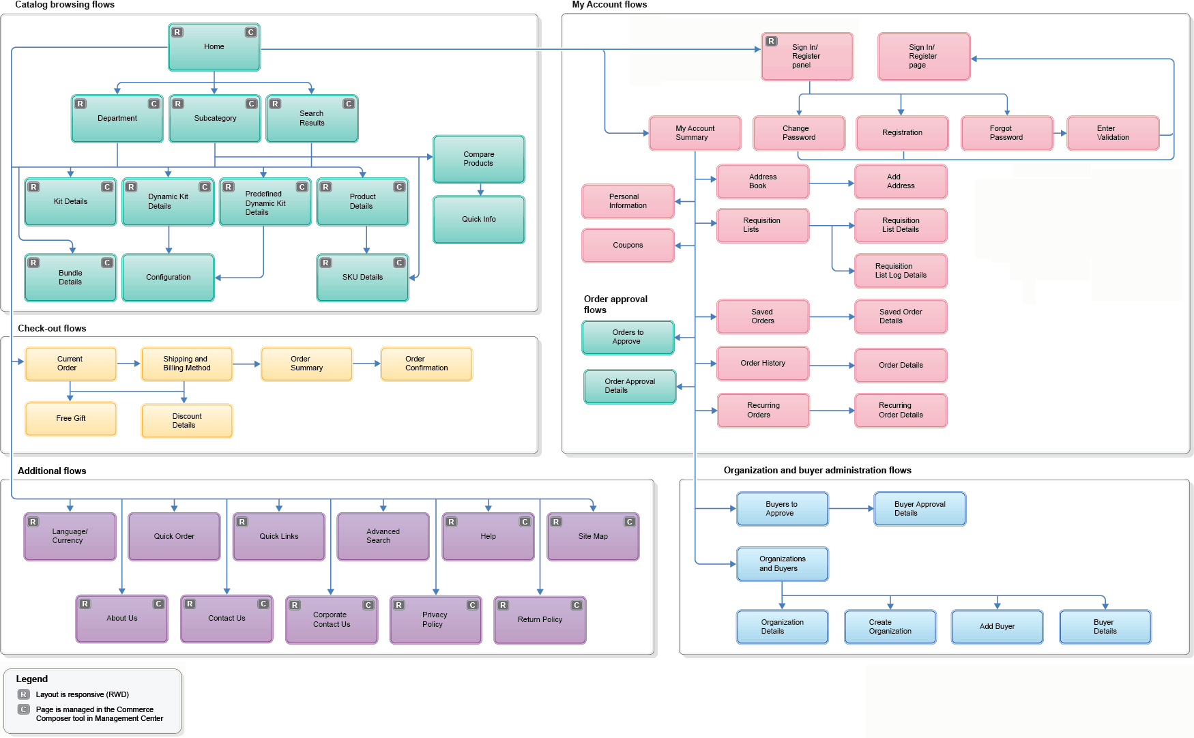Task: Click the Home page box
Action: click(x=214, y=48)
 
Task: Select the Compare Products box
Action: click(x=478, y=159)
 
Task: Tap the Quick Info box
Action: click(x=478, y=220)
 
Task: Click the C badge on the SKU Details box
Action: click(x=399, y=263)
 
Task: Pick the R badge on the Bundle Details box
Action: click(x=33, y=263)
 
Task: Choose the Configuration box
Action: click(x=168, y=278)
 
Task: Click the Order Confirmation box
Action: click(x=426, y=364)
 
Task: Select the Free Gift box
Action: click(x=70, y=419)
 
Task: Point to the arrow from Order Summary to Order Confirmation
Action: click(x=367, y=364)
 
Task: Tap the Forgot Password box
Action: click(x=1006, y=133)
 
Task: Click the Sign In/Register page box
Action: click(x=923, y=57)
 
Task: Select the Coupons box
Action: click(x=628, y=246)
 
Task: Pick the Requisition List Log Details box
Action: click(x=901, y=271)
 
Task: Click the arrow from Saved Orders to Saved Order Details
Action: click(x=832, y=316)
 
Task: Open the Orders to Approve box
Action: click(x=628, y=337)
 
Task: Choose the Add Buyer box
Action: click(x=997, y=627)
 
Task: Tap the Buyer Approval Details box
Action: click(x=919, y=509)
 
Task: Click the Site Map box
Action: click(x=592, y=537)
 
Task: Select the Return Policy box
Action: click(x=540, y=620)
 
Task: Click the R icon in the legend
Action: click(x=24, y=694)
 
